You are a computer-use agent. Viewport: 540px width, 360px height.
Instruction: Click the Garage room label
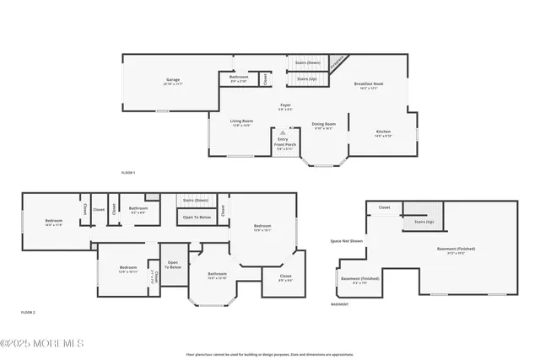click(173, 83)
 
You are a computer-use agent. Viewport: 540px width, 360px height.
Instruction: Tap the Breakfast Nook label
click(370, 84)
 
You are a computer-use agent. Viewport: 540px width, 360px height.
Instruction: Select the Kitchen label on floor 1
click(382, 132)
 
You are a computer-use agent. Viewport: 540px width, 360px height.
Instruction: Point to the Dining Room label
click(324, 126)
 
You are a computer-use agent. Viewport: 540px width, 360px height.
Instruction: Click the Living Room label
click(242, 122)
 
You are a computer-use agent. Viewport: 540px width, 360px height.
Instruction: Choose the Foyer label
click(286, 107)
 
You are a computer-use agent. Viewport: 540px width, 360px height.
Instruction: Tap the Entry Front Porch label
click(283, 142)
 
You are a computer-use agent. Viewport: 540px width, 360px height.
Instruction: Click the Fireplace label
click(337, 62)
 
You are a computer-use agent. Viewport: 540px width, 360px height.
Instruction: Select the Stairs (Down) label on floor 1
click(307, 62)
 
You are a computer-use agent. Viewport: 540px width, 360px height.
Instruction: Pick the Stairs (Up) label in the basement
click(424, 222)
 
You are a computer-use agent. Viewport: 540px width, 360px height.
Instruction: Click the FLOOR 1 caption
click(128, 172)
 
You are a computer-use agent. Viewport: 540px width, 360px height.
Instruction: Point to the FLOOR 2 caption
click(28, 312)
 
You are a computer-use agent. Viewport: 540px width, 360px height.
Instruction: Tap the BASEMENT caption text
click(340, 304)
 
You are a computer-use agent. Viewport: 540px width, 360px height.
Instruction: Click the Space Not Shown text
click(346, 241)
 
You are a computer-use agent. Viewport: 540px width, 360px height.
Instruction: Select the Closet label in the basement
click(384, 207)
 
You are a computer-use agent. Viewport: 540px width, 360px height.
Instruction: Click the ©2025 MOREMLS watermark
click(42, 343)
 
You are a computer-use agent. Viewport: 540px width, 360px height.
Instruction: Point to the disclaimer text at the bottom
click(270, 355)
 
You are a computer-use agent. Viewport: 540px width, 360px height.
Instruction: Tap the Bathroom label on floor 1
click(239, 78)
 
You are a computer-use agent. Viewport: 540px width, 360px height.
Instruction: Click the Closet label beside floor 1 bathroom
click(264, 78)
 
